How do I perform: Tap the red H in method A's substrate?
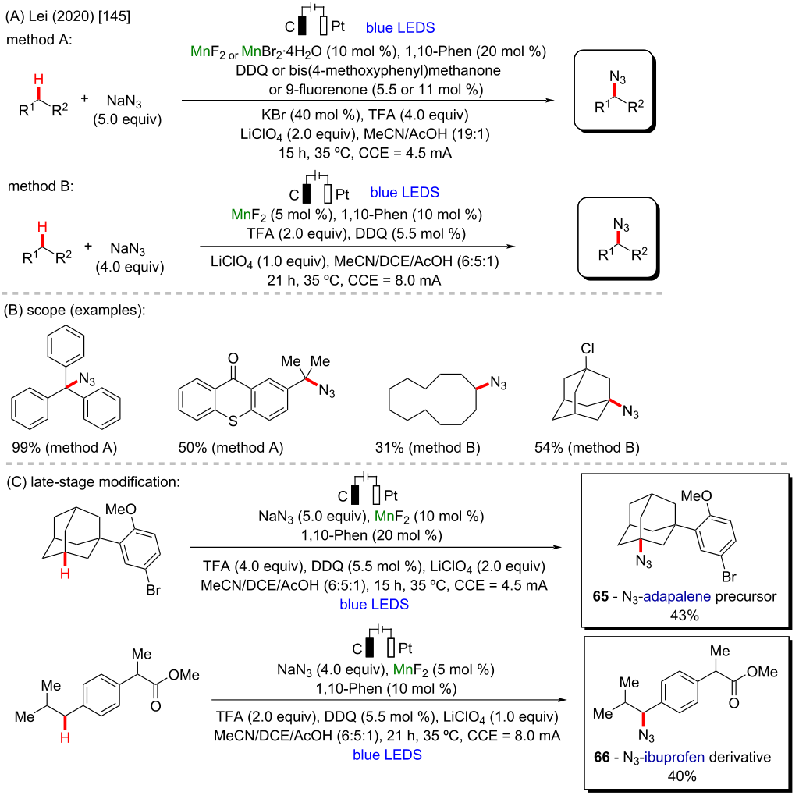pyautogui.click(x=39, y=79)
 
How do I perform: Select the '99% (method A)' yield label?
pyautogui.click(x=64, y=447)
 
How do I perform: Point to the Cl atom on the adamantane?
pyautogui.click(x=588, y=349)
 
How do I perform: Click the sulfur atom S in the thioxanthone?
pyautogui.click(x=233, y=421)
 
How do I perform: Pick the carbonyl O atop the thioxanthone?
pyautogui.click(x=233, y=358)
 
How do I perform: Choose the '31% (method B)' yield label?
pyautogui.click(x=428, y=447)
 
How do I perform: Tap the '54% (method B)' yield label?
pyautogui.click(x=587, y=447)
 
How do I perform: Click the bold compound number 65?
pyautogui.click(x=601, y=596)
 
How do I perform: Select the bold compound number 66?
pyautogui.click(x=602, y=757)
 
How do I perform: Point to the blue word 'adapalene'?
pyautogui.click(x=676, y=597)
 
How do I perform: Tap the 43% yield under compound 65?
pyautogui.click(x=684, y=616)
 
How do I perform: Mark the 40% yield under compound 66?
pyautogui.click(x=682, y=776)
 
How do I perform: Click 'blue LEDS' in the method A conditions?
pyautogui.click(x=400, y=27)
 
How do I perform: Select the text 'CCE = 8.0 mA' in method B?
pyautogui.click(x=394, y=280)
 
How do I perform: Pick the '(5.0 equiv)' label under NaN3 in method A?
pyautogui.click(x=127, y=119)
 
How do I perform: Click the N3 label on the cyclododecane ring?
pyautogui.click(x=499, y=383)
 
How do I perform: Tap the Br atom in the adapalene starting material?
pyautogui.click(x=154, y=590)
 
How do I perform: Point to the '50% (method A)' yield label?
pyautogui.click(x=231, y=447)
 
